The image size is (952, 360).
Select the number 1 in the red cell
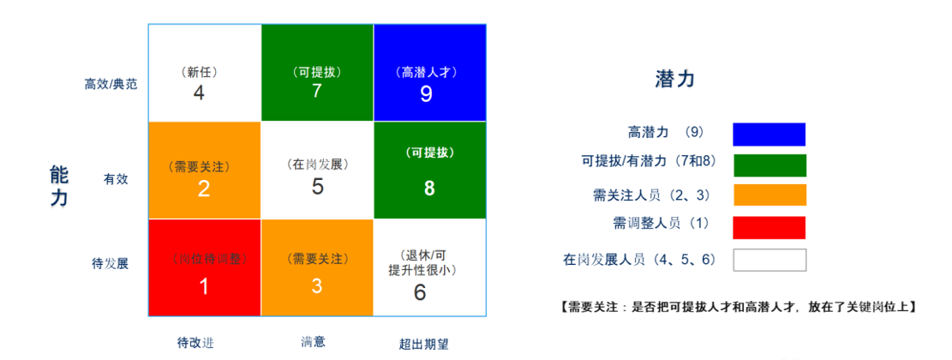pos(205,286)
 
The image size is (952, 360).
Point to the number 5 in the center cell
pos(317,186)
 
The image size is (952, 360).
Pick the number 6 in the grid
pos(420,292)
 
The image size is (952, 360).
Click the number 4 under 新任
pos(199,93)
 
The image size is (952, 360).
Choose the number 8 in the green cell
pos(429,189)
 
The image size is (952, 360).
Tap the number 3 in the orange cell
pos(317,285)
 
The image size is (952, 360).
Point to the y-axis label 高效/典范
pos(111,84)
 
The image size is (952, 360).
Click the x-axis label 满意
pos(313,342)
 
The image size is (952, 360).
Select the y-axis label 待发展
pos(110,264)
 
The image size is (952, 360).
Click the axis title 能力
pos(59,187)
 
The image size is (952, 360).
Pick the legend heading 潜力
pos(674,79)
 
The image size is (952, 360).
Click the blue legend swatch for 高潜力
pos(769,135)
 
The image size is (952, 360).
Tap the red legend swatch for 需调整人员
pos(769,228)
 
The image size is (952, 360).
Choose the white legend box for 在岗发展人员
pos(769,260)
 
